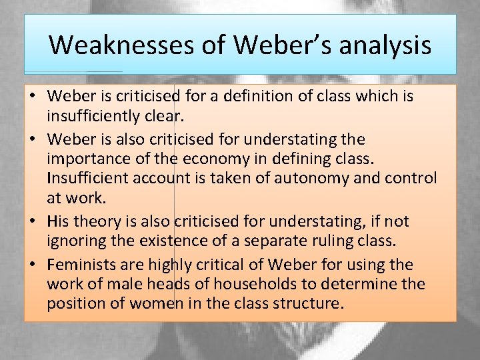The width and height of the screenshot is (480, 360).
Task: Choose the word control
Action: (x=411, y=178)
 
